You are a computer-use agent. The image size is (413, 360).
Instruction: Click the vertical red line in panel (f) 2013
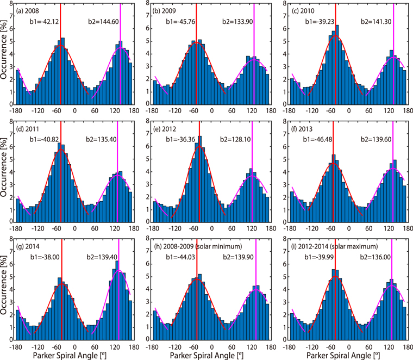tap(333, 179)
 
